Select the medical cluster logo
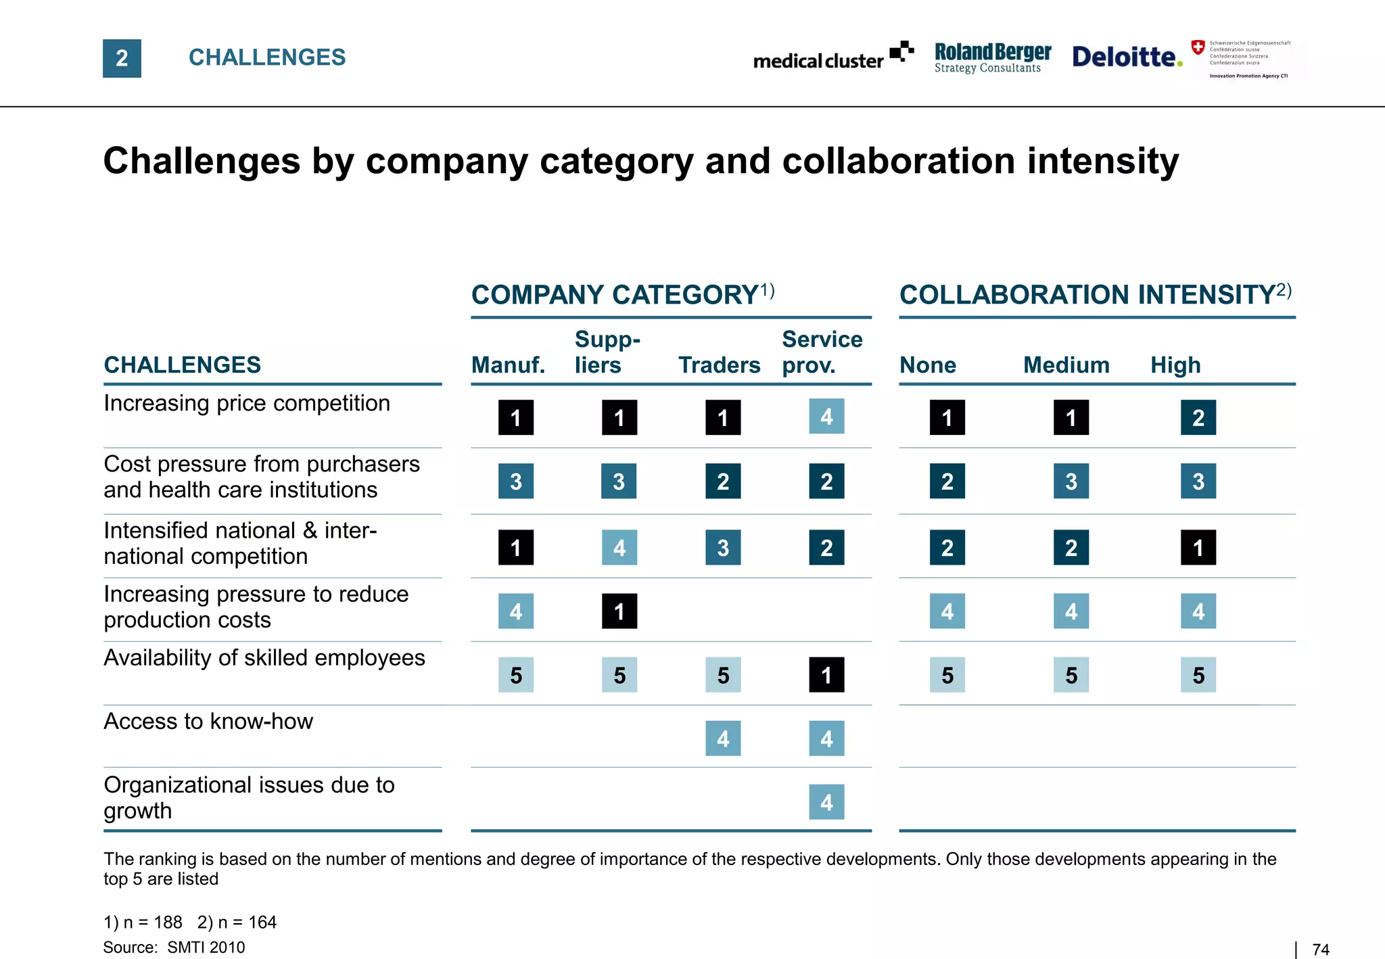[832, 57]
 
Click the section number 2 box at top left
[122, 58]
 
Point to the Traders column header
[719, 365]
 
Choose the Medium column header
[1066, 365]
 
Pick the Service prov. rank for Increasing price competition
[826, 417]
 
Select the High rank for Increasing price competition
[1198, 417]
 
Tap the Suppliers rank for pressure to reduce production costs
[619, 611]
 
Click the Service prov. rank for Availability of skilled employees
[826, 675]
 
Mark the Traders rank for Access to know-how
[723, 739]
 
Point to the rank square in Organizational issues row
[826, 802]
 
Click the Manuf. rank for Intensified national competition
[516, 548]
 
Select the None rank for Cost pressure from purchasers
[947, 482]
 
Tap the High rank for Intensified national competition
[1198, 548]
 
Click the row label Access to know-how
[208, 722]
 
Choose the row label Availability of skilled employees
[264, 658]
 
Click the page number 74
[1320, 950]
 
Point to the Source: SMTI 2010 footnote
[174, 948]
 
